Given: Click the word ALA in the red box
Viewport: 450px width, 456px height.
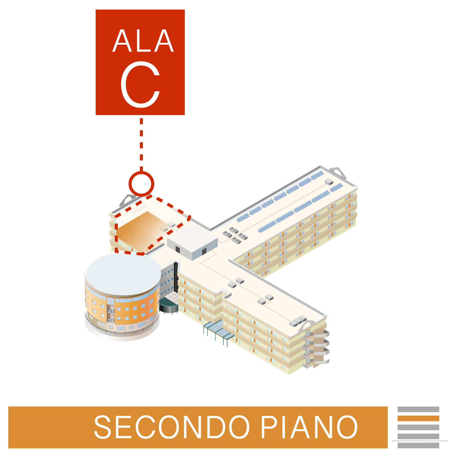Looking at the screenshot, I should [143, 41].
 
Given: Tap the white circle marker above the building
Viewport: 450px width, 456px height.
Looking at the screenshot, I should [141, 184].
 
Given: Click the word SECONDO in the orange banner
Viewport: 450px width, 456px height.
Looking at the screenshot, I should [172, 427].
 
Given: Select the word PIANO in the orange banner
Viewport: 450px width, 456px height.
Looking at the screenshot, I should [309, 427].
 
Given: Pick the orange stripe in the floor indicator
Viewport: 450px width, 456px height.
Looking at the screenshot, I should [418, 418].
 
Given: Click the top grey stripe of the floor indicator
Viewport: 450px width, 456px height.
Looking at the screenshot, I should [418, 410].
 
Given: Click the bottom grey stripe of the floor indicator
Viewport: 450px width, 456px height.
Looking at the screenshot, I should [418, 445].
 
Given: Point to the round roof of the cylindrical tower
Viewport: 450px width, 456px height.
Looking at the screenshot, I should [124, 274].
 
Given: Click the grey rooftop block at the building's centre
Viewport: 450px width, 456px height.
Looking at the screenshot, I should [192, 241].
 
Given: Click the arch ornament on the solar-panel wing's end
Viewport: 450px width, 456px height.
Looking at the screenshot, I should [338, 172].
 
